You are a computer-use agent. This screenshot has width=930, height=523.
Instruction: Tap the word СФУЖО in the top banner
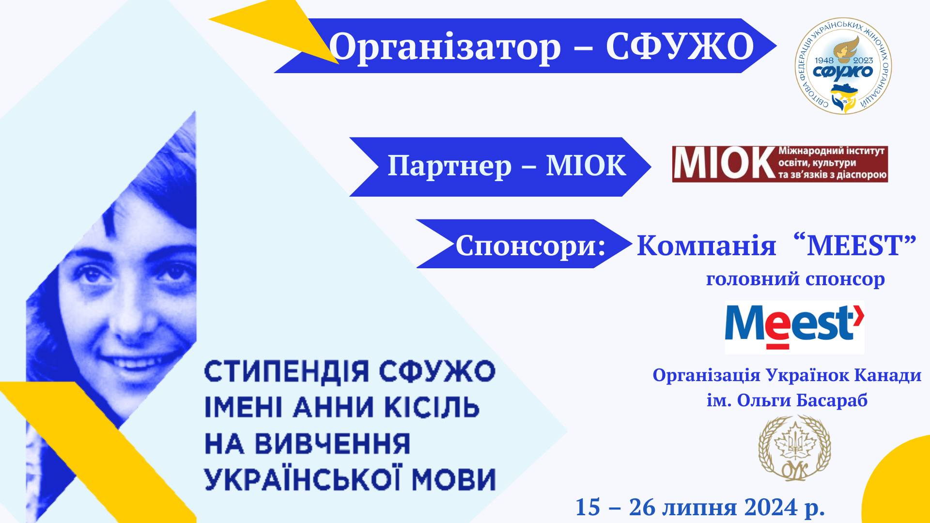pos(680,47)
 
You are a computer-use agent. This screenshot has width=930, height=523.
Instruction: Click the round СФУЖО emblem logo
pos(844,70)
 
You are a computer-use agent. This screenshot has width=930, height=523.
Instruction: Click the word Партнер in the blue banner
pos(449,166)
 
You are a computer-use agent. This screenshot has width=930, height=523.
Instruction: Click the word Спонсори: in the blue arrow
pos(530,246)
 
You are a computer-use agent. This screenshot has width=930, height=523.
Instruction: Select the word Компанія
pos(706,246)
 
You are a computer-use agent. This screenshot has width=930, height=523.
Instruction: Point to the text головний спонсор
pos(795,279)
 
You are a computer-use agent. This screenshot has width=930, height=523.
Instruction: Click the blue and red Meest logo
pos(794,327)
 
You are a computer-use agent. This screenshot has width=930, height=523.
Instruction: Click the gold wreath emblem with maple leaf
pos(794,448)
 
